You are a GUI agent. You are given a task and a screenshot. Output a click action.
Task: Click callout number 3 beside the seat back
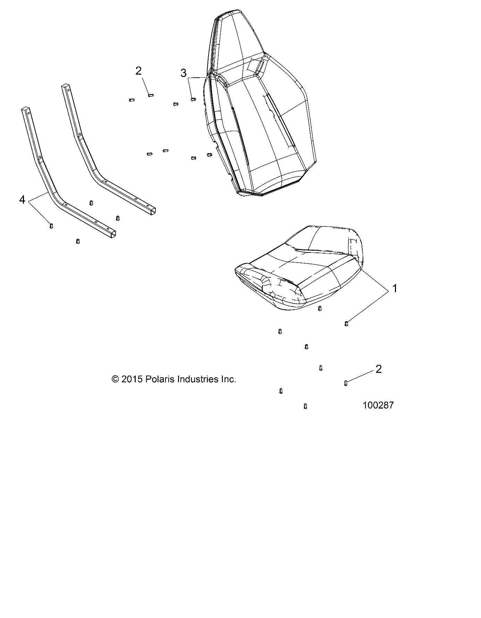click(183, 73)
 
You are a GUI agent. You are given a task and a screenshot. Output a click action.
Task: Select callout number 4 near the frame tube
click(22, 200)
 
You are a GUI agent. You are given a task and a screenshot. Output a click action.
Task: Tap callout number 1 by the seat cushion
click(394, 288)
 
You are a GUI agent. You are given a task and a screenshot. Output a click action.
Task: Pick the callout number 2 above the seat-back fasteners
click(138, 71)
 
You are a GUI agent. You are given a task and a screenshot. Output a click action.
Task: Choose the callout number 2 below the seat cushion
click(379, 369)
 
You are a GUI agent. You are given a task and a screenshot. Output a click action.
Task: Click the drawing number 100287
click(378, 405)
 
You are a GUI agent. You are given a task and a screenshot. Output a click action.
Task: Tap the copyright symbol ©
click(115, 379)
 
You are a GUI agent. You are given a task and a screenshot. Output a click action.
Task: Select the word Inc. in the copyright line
click(228, 379)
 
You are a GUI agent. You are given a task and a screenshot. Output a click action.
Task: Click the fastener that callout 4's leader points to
click(51, 226)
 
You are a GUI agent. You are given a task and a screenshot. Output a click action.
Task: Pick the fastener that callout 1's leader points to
click(346, 324)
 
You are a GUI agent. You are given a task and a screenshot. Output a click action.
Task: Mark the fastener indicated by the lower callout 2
click(346, 383)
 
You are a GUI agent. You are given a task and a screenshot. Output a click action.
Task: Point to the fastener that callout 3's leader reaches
click(193, 99)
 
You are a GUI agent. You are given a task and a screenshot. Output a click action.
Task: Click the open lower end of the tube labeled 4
click(111, 234)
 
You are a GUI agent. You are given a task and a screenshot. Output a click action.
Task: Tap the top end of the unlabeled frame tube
click(65, 86)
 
